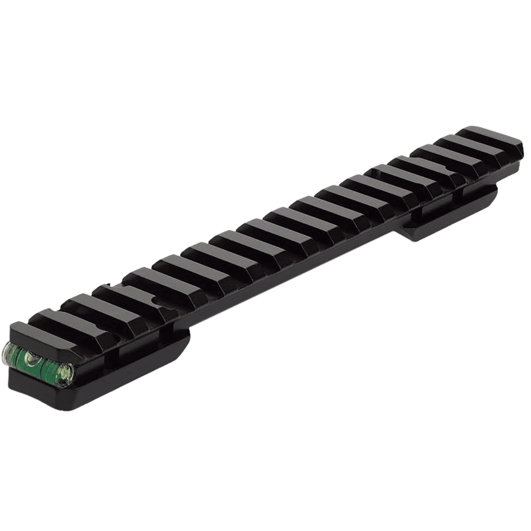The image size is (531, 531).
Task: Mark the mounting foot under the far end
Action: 447,217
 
